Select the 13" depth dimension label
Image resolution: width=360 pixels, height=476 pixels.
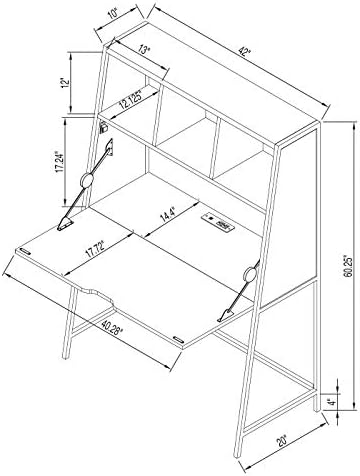click(144, 49)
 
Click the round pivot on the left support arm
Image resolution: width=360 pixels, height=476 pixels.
click(88, 181)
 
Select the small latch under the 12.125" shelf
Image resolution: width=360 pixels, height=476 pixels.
click(104, 126)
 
